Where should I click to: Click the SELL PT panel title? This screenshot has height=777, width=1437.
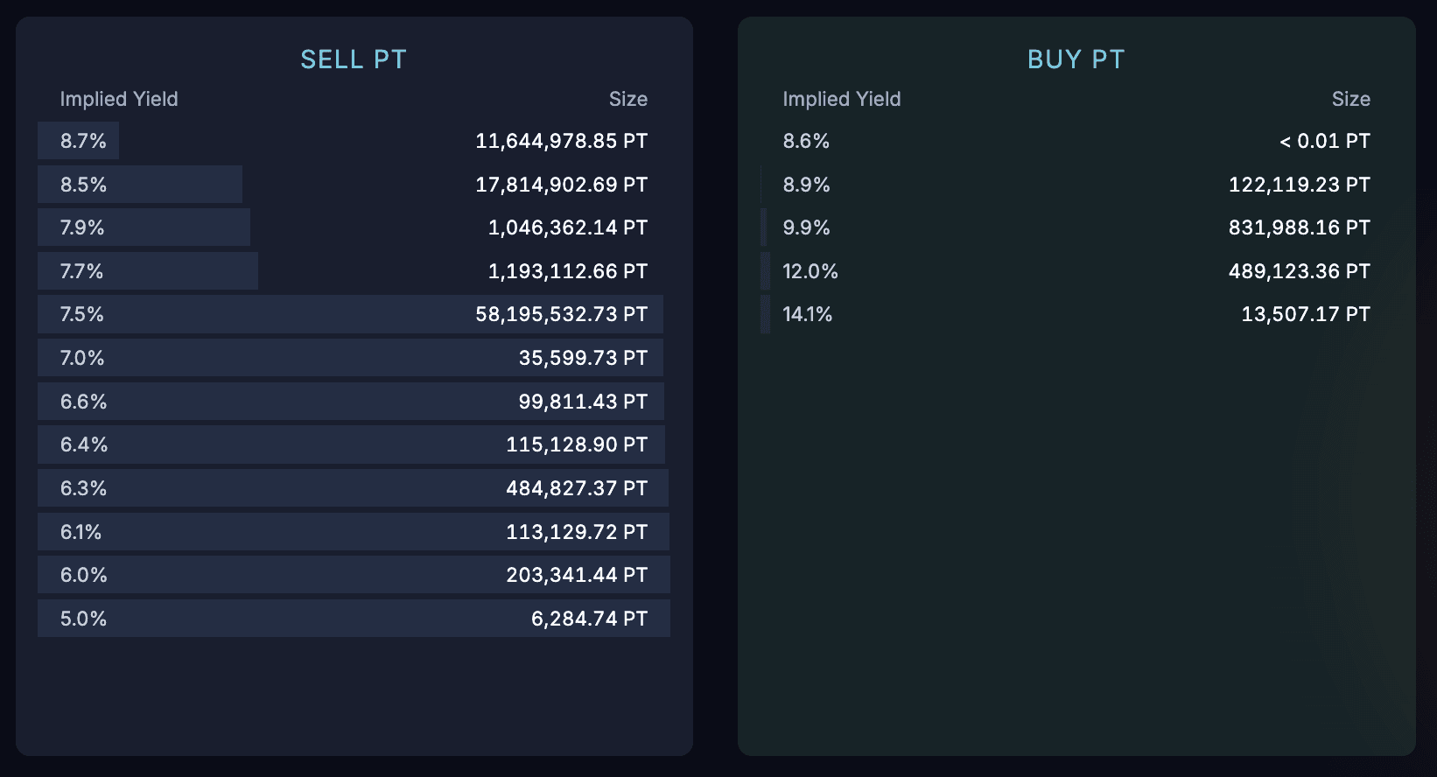354,59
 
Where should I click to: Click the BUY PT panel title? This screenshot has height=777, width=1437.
1076,59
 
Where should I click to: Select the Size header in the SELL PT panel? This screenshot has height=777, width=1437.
627,100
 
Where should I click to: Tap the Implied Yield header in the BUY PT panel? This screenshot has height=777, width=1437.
841,100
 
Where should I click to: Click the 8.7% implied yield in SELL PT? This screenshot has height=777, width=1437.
83,141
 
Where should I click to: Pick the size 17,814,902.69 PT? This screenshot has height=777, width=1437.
561,185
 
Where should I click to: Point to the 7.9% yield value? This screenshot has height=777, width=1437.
82,227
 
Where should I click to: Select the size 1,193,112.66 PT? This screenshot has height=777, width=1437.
567,271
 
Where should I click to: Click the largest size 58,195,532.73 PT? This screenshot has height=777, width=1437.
561,314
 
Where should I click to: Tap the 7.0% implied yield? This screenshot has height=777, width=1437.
82,358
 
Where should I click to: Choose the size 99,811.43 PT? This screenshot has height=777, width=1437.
583,402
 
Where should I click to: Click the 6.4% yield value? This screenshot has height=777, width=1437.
84,444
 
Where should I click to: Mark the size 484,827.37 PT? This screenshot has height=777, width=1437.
576,488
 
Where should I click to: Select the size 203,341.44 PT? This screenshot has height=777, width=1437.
576,575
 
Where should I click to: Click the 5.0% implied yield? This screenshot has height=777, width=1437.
83,619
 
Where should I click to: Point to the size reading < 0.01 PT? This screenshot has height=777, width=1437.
1324,141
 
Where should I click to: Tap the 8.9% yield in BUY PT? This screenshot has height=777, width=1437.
806,185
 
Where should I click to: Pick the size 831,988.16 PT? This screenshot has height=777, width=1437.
1299,227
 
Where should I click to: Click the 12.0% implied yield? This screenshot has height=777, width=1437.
810,271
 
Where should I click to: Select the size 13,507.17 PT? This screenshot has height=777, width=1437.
1305,314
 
